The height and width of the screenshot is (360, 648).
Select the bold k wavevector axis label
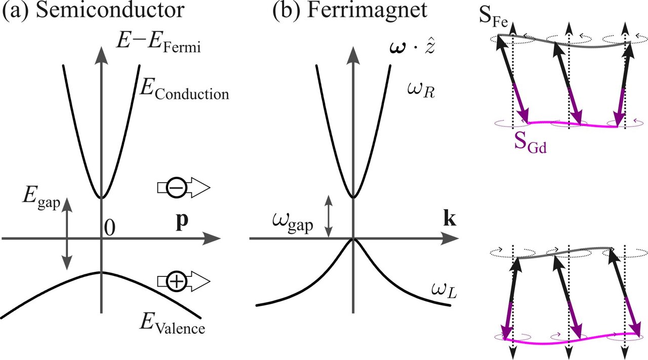click(x=448, y=219)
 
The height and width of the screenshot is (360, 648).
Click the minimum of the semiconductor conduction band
click(x=101, y=198)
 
